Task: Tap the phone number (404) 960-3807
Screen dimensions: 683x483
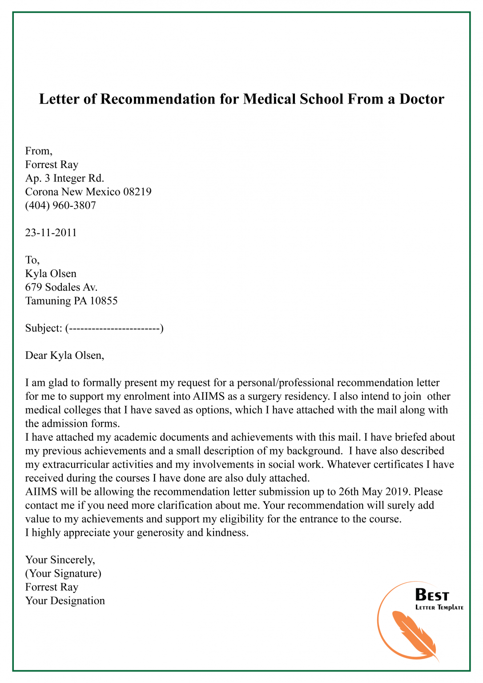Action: (60, 205)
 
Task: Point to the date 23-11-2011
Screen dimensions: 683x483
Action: (51, 233)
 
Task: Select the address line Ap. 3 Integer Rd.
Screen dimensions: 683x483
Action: (64, 178)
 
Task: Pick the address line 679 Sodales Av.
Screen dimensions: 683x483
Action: (61, 287)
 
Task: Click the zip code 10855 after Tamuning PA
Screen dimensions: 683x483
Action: (104, 301)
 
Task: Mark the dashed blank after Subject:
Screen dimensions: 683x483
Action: (114, 329)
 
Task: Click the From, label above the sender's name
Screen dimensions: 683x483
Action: (39, 151)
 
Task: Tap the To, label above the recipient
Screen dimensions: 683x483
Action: (32, 260)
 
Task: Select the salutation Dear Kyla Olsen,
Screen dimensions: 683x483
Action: (64, 355)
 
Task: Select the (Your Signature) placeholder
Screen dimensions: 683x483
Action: (63, 574)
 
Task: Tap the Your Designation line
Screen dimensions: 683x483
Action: (65, 601)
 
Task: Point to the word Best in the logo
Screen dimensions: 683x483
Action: (432, 595)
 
